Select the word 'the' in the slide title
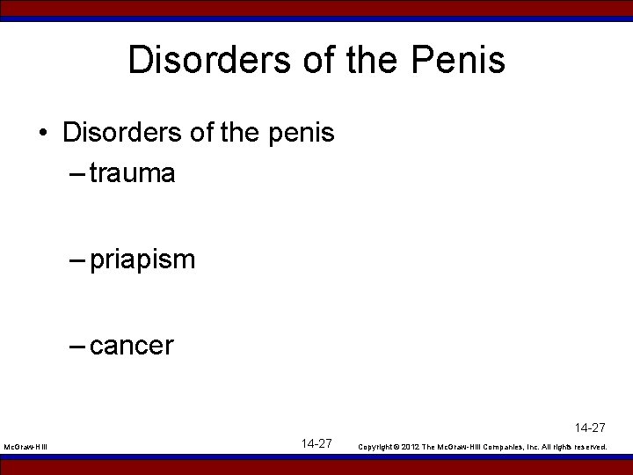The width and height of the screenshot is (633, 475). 377,61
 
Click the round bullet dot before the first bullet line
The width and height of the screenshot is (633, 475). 43,134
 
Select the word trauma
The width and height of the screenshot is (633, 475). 132,173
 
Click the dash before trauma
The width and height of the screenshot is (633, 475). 76,173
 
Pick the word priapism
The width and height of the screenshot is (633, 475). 142,260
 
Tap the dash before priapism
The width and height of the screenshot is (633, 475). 76,260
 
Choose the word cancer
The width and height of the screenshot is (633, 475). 132,346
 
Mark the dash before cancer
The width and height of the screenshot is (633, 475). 76,346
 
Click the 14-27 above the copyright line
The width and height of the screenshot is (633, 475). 591,427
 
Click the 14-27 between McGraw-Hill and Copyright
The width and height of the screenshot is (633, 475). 316,443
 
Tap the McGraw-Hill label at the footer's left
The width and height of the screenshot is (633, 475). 26,448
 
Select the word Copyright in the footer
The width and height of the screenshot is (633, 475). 376,448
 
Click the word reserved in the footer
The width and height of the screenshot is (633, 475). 590,448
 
